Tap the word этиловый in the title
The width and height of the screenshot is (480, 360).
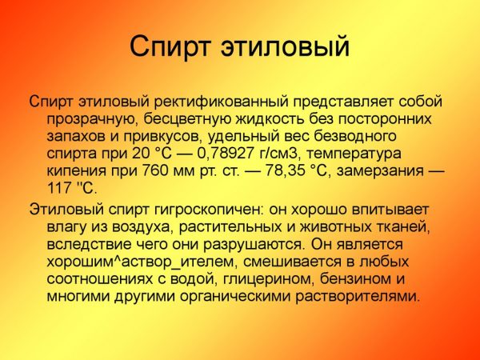pos(285,46)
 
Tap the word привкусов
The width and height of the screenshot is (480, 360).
pos(161,137)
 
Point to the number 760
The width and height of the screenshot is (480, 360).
pos(154,170)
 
